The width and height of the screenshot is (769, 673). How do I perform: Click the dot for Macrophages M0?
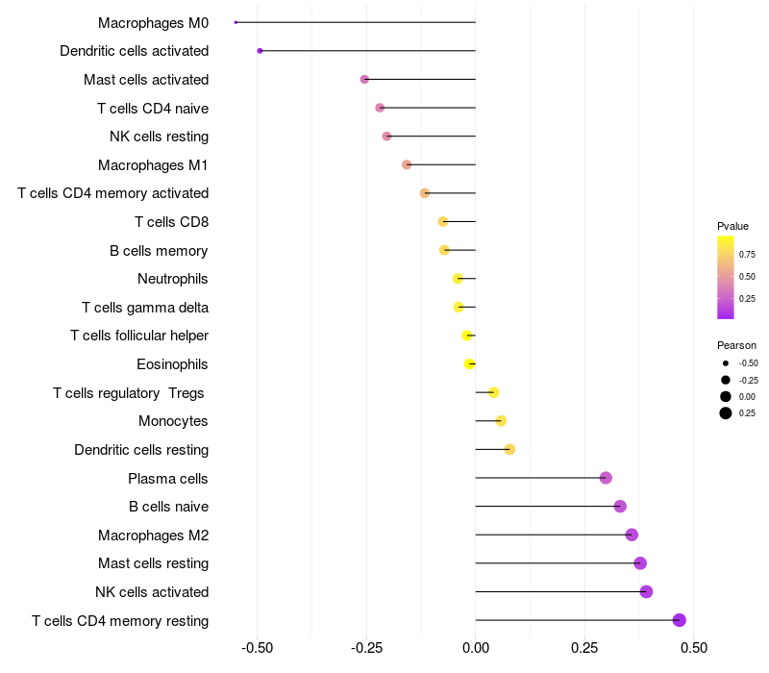236,22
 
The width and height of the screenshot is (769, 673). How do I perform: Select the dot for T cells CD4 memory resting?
680,620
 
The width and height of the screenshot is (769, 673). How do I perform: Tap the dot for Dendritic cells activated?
260,50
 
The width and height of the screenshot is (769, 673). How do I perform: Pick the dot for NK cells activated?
646,591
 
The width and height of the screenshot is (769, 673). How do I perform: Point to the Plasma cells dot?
606,478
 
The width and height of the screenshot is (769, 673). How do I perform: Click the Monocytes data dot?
501,421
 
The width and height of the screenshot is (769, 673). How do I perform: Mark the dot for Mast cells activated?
364,79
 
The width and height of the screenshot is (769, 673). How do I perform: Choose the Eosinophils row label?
173,364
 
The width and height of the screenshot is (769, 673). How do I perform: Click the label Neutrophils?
173,279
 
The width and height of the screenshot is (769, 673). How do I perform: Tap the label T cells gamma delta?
145,308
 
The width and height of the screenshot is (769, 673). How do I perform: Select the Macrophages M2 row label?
154,535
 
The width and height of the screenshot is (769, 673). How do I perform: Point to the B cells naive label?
169,507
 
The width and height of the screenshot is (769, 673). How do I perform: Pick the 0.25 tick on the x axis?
584,648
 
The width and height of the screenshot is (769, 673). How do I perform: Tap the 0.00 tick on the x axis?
476,648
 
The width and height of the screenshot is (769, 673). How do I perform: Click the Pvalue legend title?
732,226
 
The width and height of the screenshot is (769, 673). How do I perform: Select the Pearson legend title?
736,345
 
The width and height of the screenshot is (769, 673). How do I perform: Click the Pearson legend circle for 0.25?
726,413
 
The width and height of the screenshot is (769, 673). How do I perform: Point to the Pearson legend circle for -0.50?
726,363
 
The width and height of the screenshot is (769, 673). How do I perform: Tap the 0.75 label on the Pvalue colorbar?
747,255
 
